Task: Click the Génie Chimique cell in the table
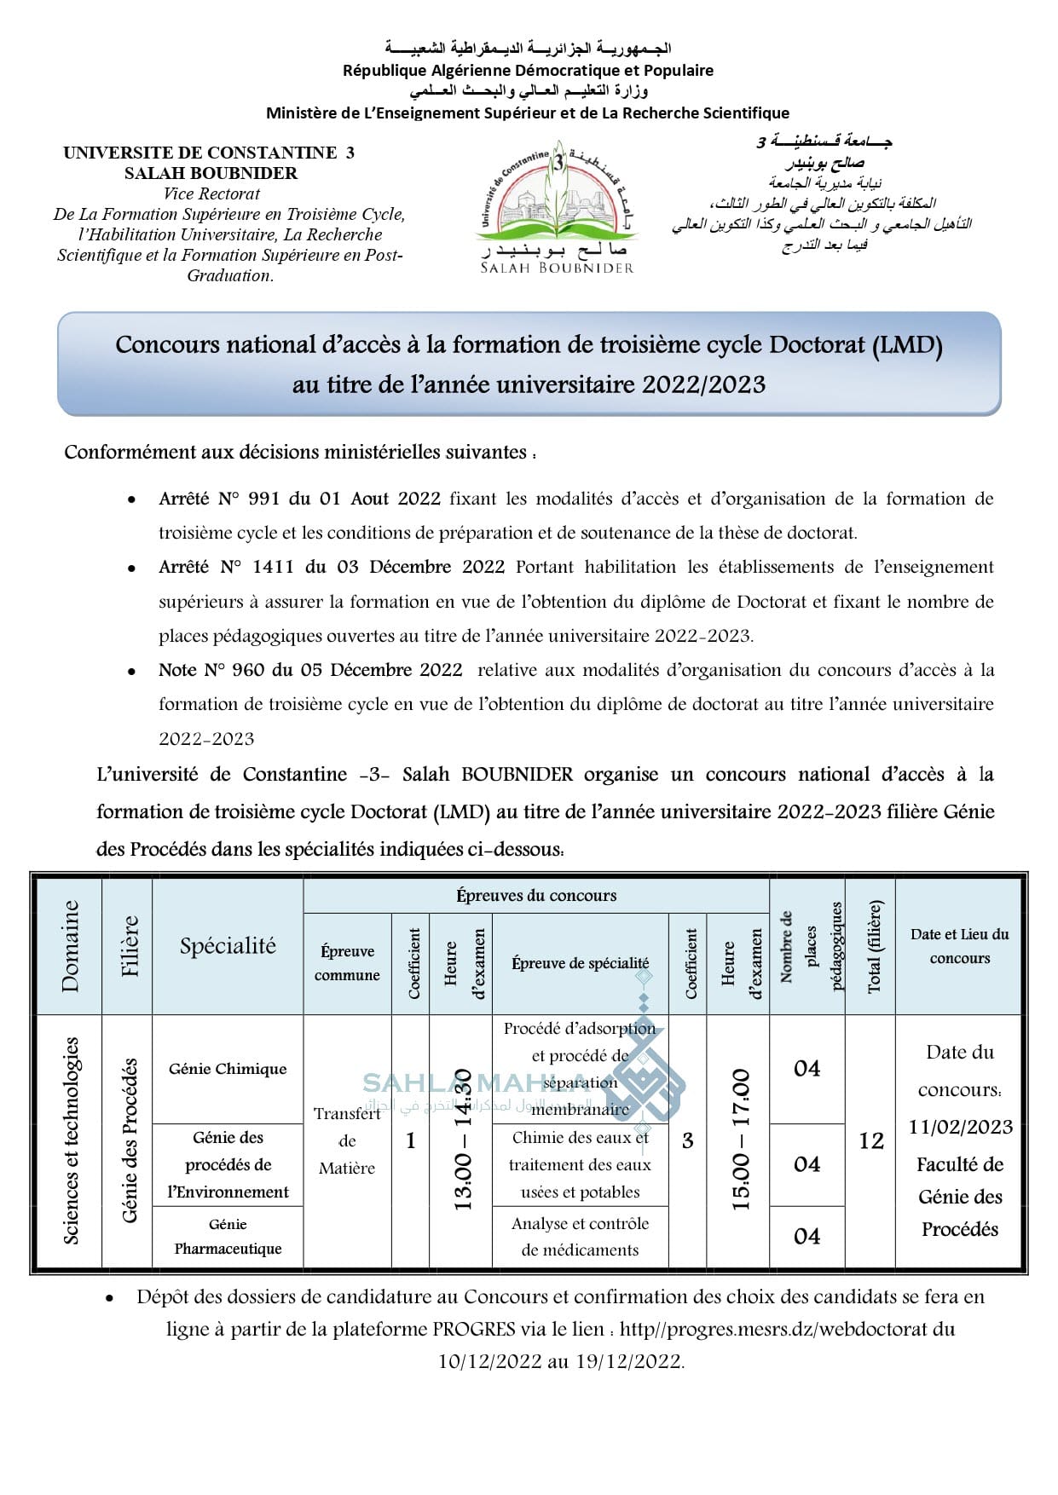pyautogui.click(x=228, y=1069)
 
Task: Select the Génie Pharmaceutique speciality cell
pyautogui.click(x=228, y=1237)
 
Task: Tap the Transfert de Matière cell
pyautogui.click(x=347, y=1140)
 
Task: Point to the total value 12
pyautogui.click(x=870, y=1140)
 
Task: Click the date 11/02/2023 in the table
pyautogui.click(x=960, y=1127)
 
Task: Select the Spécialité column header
pyautogui.click(x=228, y=945)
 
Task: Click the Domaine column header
pyautogui.click(x=70, y=945)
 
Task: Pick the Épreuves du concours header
pyautogui.click(x=535, y=895)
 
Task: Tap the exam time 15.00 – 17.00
pyautogui.click(x=740, y=1140)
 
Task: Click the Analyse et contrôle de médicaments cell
pyautogui.click(x=580, y=1237)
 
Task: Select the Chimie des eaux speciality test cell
pyautogui.click(x=580, y=1164)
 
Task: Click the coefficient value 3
pyautogui.click(x=687, y=1140)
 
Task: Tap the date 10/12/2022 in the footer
pyautogui.click(x=490, y=1361)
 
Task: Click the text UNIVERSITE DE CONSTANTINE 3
pyautogui.click(x=209, y=153)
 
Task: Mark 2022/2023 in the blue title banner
pyautogui.click(x=703, y=384)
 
